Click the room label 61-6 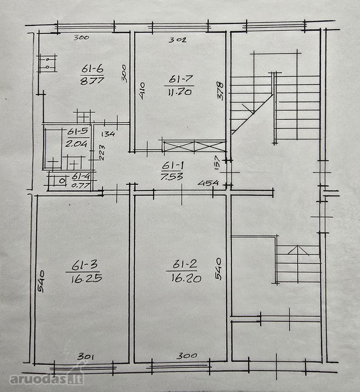pos(92,68)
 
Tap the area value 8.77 pos(92,81)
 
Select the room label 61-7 pos(180,79)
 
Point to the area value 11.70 pos(180,92)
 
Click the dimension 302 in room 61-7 pos(177,40)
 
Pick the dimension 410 pos(142,91)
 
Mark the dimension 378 pos(220,91)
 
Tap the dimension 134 pos(108,134)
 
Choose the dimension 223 pos(102,152)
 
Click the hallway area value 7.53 pos(172,176)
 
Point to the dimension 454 pos(208,183)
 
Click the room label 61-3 pos(84,265)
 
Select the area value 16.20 pos(186,278)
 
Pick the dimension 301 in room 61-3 pos(85,356)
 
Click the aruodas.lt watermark pos(46,379)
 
